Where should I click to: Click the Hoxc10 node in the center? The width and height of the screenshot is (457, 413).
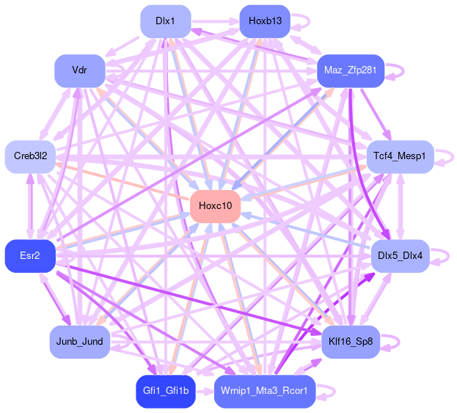point(216,206)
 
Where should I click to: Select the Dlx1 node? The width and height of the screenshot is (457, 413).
point(166,21)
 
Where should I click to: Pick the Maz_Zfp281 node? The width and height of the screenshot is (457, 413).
point(351,71)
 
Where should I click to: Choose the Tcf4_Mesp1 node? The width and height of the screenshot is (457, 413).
point(400,157)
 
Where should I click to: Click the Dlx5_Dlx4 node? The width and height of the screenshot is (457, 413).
point(400,255)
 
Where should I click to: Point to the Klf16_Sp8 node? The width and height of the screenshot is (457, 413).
point(351,342)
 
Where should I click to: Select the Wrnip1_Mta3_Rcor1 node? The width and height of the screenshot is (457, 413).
point(265,391)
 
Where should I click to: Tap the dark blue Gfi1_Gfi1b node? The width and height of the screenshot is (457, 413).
point(166,391)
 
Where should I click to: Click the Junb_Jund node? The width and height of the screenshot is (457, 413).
point(80,342)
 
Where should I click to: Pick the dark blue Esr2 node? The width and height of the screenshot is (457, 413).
point(30,255)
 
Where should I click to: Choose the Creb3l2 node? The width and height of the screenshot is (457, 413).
point(30,157)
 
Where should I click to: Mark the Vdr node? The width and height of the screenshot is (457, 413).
point(80,71)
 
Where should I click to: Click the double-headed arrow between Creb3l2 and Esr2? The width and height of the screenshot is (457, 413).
point(30,206)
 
